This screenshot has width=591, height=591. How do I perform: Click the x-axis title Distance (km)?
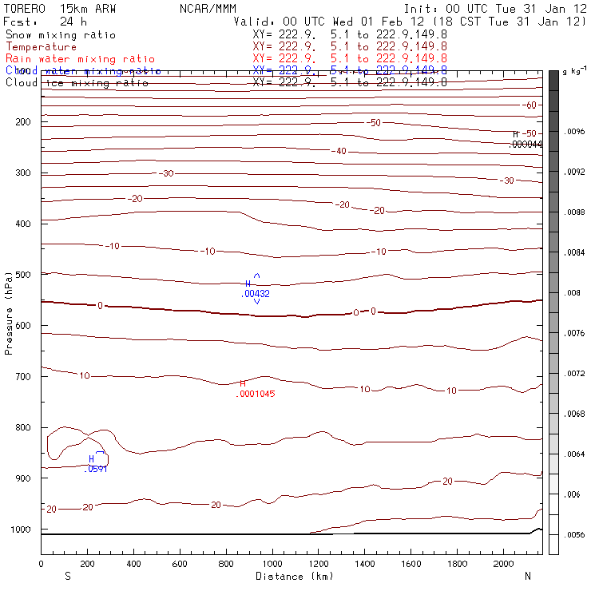click(x=294, y=576)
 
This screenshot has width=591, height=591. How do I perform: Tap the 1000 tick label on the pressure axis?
click(x=18, y=530)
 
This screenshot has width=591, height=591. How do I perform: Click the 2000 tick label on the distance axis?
click(x=503, y=564)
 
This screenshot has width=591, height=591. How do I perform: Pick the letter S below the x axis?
click(x=67, y=576)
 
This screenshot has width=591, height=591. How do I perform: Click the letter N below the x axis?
click(x=527, y=576)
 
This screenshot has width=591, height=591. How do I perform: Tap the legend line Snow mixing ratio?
click(x=61, y=35)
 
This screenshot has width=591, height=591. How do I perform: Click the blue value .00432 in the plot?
click(x=256, y=294)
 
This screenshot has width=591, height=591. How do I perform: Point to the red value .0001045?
click(x=255, y=394)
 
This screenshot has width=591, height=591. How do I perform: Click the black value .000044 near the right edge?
click(x=526, y=144)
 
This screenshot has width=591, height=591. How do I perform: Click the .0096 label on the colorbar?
click(x=576, y=131)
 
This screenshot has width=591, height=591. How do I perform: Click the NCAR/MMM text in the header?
click(x=204, y=8)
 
